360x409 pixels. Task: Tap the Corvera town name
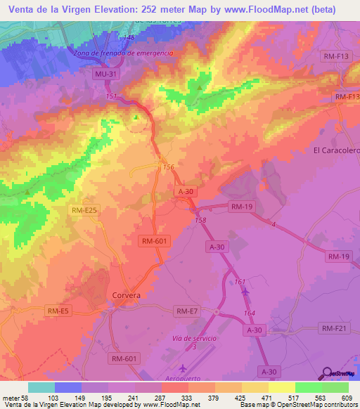coord(127,296)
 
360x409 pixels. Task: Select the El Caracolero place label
coord(335,150)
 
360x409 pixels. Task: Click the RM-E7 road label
coord(187,311)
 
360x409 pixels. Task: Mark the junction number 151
coord(110,96)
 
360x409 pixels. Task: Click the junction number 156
coord(168,167)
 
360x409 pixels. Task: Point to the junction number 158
coord(200,220)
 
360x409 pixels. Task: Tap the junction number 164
coord(250,313)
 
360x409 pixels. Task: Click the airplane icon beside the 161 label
coord(245,291)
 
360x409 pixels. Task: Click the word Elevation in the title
coord(103,9)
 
